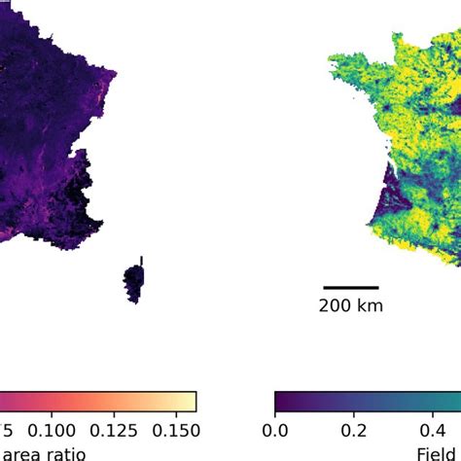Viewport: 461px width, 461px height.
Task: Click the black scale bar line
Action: pyautogui.click(x=350, y=287)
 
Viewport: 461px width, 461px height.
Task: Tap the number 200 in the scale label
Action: pyautogui.click(x=335, y=306)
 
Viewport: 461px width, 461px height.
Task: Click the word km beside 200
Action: pyautogui.click(x=370, y=306)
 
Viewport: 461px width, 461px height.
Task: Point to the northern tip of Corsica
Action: pyautogui.click(x=141, y=260)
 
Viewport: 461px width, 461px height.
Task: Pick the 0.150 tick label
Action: pyautogui.click(x=173, y=431)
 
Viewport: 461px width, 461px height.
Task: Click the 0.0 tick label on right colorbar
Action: pyautogui.click(x=275, y=431)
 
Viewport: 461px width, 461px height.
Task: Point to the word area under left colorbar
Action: pyautogui.click(x=19, y=453)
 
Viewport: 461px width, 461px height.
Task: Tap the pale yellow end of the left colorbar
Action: pyautogui.click(x=191, y=402)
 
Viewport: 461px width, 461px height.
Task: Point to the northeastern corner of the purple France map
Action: pyautogui.click(x=114, y=73)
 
